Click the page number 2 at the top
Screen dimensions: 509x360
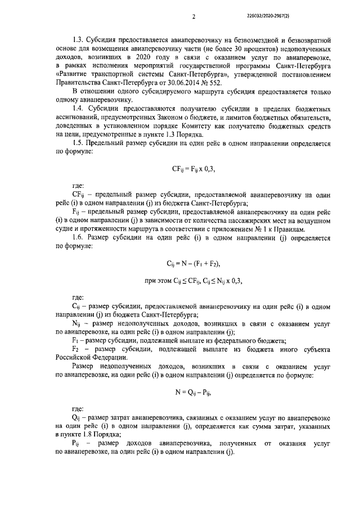point(193,16)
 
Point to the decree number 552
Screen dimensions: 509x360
point(214,83)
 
